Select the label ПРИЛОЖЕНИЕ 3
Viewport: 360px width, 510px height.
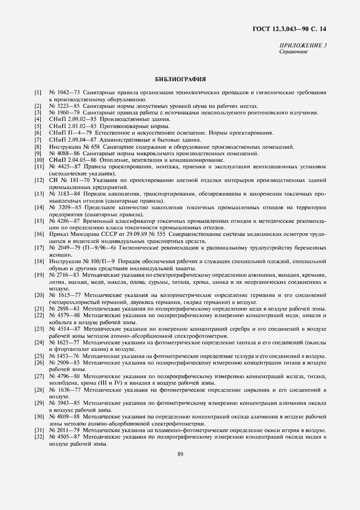point(303,45)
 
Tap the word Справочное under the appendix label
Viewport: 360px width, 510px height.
point(294,52)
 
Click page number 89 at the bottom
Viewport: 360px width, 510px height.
point(180,455)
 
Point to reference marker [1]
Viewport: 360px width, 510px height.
point(38,93)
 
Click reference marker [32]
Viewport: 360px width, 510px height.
point(39,436)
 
